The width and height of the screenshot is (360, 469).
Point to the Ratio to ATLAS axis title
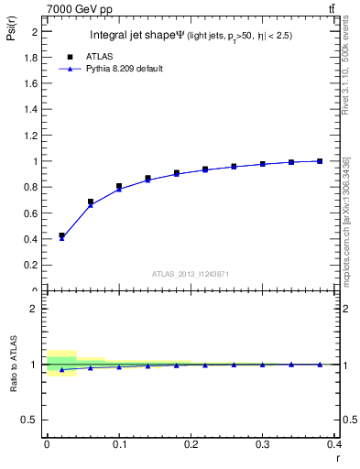click(13, 365)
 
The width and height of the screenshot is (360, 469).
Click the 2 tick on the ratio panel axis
click(35, 309)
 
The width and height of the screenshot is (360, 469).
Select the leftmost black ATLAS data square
click(61, 235)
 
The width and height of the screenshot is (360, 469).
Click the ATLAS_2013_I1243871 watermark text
click(191, 274)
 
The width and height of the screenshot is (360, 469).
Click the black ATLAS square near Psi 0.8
click(119, 187)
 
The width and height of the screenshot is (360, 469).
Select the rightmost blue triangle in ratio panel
click(320, 364)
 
